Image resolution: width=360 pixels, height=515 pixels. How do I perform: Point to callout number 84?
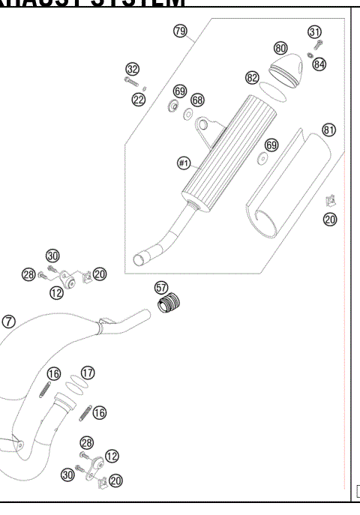(x=320, y=64)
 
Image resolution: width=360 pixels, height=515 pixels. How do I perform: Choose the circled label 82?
(x=252, y=77)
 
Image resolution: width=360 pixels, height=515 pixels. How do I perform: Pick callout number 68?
(x=197, y=100)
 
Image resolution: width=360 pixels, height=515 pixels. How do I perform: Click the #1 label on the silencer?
(x=182, y=162)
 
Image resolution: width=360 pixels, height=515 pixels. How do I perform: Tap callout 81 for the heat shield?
(x=328, y=130)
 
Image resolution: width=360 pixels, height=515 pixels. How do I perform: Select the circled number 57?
(x=160, y=287)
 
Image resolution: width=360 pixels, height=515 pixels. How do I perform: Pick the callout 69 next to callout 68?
(x=179, y=91)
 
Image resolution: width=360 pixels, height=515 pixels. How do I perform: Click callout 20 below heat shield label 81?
(x=330, y=220)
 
